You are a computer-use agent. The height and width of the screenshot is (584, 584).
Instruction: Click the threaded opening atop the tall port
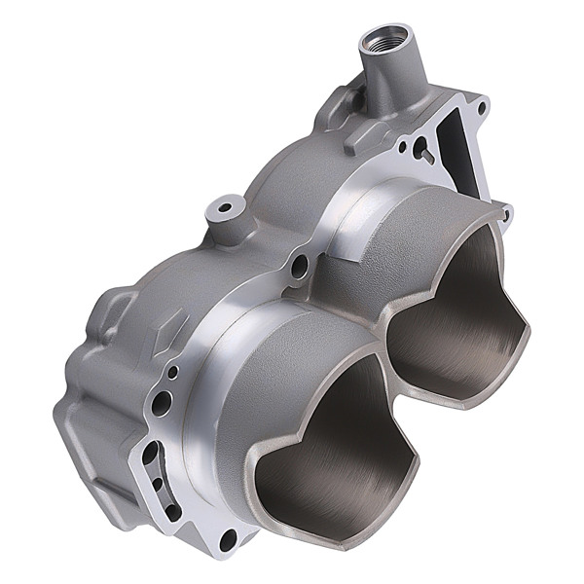pos(381,42)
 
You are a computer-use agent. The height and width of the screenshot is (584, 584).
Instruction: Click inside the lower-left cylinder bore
pos(321,457)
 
